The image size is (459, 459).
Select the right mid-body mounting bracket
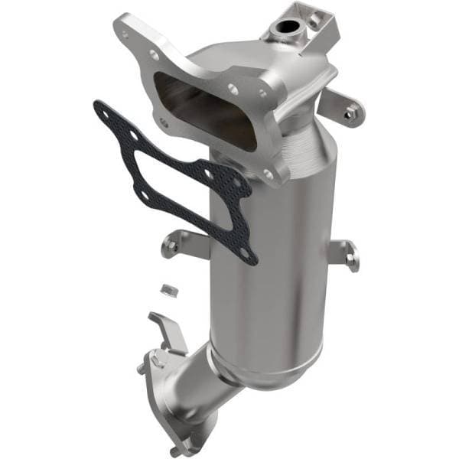click(348, 255)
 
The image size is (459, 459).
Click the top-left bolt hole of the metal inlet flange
click(153, 54)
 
